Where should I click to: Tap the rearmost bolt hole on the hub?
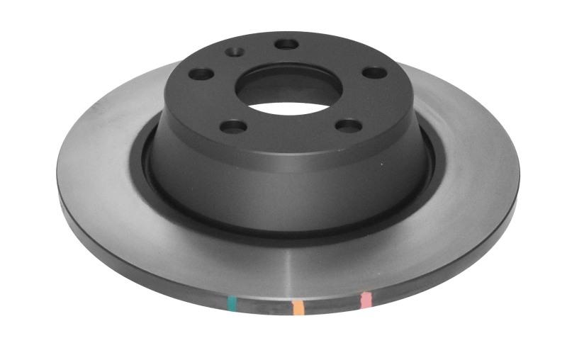pyautogui.click(x=286, y=44)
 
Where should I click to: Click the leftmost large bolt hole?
pyautogui.click(x=202, y=73)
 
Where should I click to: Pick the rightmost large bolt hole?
pyautogui.click(x=374, y=72)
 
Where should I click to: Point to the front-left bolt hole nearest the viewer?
pyautogui.click(x=233, y=126)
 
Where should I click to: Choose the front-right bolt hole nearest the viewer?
pyautogui.click(x=349, y=125)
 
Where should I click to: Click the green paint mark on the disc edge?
pyautogui.click(x=231, y=305)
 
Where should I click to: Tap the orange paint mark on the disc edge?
pyautogui.click(x=298, y=307)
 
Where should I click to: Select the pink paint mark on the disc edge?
pyautogui.click(x=366, y=300)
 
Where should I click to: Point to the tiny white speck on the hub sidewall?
pyautogui.click(x=383, y=164)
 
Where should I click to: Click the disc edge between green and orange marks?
pyautogui.click(x=264, y=308)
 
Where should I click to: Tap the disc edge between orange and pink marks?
pyautogui.click(x=332, y=305)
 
